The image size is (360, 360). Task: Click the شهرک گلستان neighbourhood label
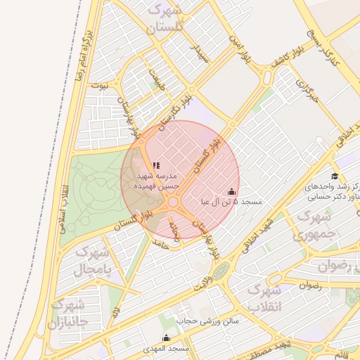coord(165,19)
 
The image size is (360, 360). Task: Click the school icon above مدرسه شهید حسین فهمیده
coord(156,165)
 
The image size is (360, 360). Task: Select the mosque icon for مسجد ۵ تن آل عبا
coord(231,191)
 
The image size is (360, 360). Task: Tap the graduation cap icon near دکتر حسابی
coord(335,176)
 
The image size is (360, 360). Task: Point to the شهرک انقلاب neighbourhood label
coord(265,298)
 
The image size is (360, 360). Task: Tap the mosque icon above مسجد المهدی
coord(166,337)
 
